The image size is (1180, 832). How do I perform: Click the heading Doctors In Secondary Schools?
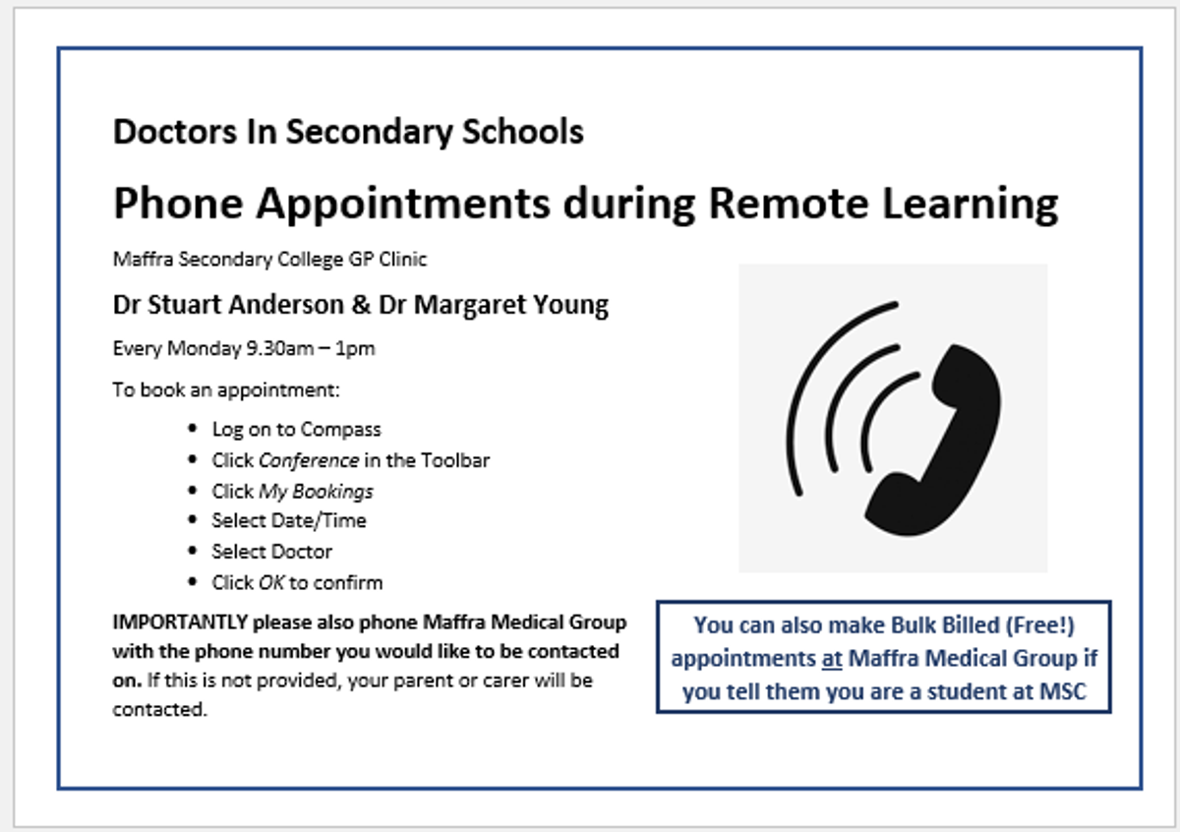point(348,132)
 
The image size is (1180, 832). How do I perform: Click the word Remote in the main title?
point(789,203)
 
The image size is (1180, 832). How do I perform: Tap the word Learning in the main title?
point(971,206)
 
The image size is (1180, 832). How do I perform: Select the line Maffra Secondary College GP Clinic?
point(269,260)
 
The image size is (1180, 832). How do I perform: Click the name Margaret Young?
point(511,306)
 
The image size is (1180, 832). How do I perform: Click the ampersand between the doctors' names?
point(361,305)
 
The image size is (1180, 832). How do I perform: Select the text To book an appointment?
point(226,390)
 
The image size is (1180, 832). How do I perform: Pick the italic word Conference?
point(309,460)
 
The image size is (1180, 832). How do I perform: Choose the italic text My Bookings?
point(316,492)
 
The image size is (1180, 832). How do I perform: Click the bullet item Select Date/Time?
point(289,520)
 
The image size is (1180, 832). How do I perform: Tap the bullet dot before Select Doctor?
point(193,551)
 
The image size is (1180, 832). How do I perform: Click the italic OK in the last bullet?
point(271,583)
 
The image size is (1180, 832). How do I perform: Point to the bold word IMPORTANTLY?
point(180,623)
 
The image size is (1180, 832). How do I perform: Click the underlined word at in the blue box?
point(832,659)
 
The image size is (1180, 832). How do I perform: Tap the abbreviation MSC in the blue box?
point(1063,691)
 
